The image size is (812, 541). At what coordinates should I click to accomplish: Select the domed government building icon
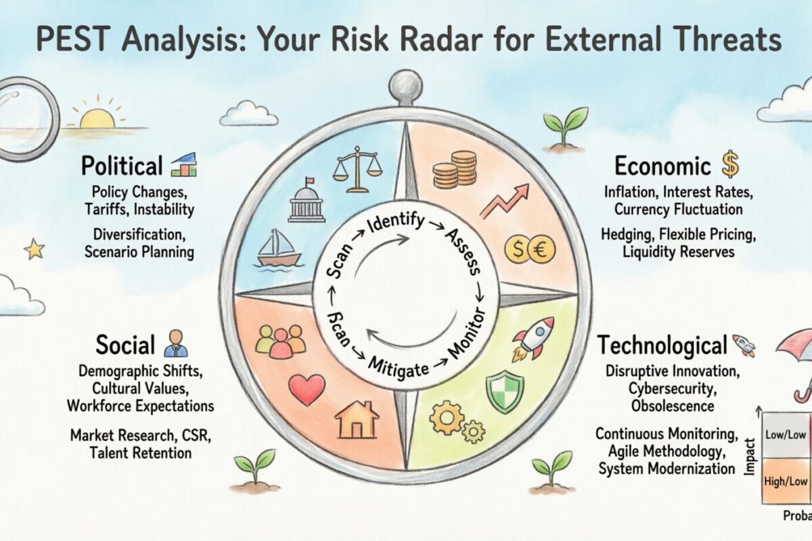307,201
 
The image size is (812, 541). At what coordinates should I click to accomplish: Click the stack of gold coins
455,170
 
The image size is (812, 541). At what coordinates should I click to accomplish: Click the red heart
307,390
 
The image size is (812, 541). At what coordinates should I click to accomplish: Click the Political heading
122,166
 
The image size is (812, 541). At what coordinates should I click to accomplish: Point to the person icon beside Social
176,344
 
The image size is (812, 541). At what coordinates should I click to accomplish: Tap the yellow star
34,250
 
